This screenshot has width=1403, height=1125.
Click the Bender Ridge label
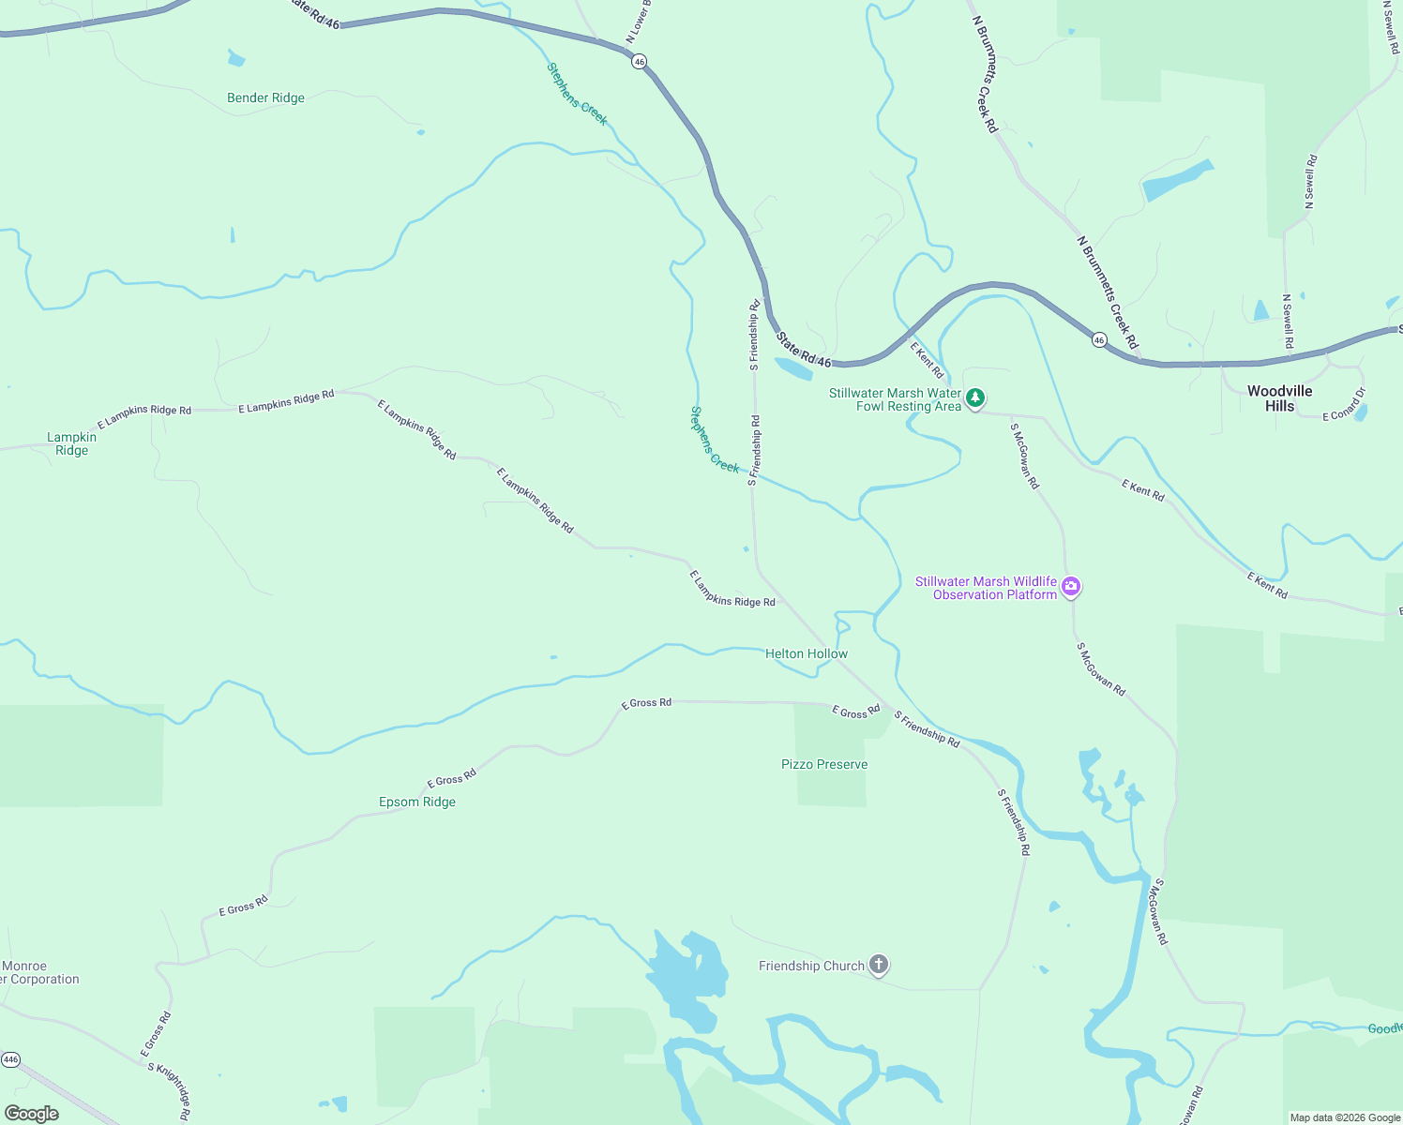coord(265,97)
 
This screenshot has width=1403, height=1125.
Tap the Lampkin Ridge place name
coord(72,443)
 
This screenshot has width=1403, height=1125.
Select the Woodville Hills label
coord(1279,398)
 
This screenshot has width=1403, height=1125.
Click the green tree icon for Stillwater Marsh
coord(975,398)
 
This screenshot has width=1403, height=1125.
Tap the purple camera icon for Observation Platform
coord(1071,587)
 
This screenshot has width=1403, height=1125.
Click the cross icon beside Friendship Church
coord(878,964)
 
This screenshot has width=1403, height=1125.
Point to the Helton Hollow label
coord(806,653)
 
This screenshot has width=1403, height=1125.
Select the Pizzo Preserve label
coord(824,764)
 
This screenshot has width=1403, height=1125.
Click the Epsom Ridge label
coord(417,802)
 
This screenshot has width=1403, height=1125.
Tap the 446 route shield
coord(10,1059)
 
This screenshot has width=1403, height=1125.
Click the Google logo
coord(32,1113)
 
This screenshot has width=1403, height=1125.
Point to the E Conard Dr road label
coord(1344,405)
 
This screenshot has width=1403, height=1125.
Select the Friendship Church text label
coord(811,966)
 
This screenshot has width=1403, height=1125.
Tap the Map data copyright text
coord(1344,1117)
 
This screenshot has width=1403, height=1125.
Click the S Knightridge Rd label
coord(170,1090)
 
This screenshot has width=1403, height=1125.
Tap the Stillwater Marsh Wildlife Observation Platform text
coord(986,588)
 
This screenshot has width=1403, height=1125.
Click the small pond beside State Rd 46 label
coord(793,368)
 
